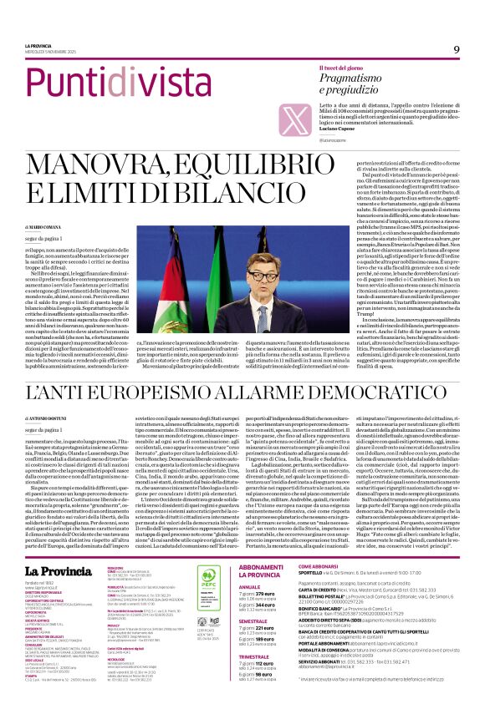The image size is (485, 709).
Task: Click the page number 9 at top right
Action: point(457,49)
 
